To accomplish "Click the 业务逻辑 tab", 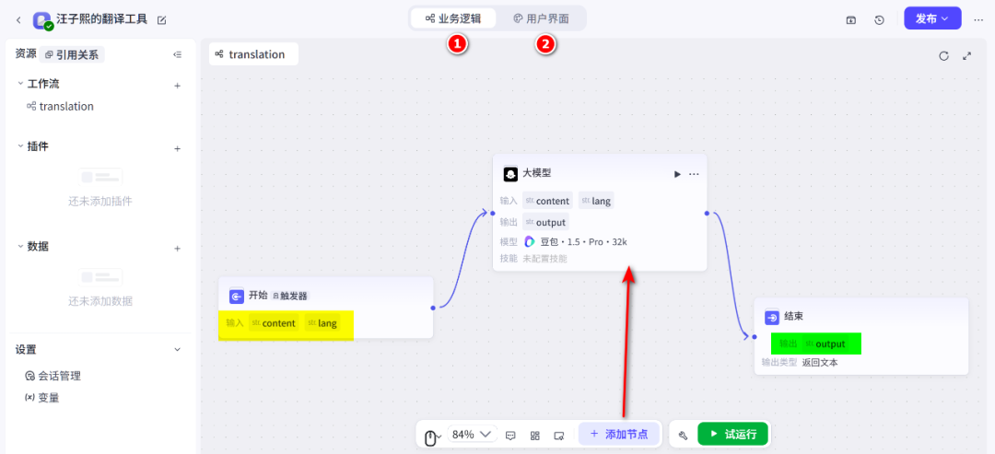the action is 453,18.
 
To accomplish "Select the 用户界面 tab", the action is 541,18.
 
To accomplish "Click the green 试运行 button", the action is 732,434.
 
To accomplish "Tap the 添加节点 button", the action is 619,434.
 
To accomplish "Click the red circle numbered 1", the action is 458,43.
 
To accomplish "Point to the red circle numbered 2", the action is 546,43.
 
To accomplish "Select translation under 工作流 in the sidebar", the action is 65,107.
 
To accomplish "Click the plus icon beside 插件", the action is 178,148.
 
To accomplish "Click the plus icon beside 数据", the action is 178,248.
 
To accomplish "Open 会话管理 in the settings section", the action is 59,376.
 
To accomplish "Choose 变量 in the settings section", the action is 48,398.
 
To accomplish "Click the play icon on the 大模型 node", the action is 677,173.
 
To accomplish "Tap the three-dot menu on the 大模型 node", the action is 695,173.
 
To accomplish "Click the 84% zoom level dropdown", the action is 471,435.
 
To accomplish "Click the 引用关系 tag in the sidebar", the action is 74,55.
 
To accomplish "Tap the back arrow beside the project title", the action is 18,19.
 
